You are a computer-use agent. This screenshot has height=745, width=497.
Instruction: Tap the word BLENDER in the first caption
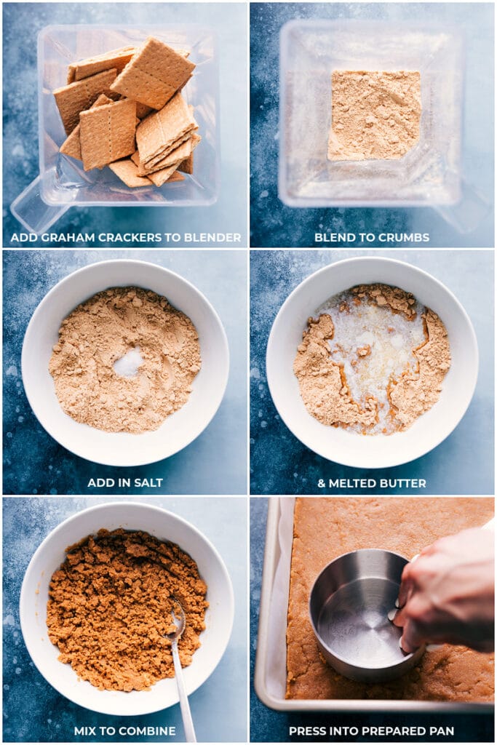click(212, 237)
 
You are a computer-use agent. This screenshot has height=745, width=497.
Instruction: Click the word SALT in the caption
click(148, 483)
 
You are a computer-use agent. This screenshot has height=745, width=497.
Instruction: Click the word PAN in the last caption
click(442, 730)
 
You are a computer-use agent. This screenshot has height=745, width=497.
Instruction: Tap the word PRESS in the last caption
click(306, 730)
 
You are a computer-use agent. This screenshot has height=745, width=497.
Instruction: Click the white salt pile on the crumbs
click(128, 362)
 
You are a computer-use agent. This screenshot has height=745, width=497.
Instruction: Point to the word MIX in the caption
click(84, 730)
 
